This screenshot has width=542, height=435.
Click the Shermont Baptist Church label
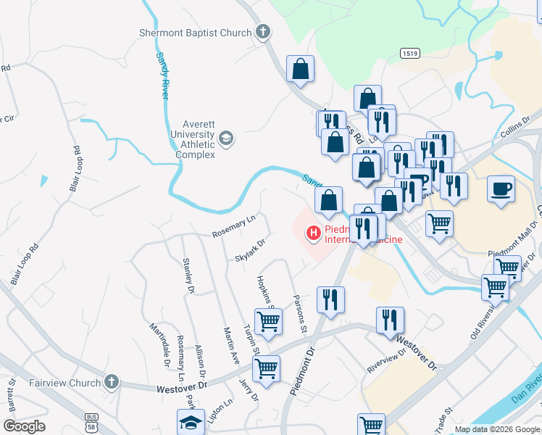pos(196,32)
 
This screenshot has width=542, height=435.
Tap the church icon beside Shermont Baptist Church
pos(262,32)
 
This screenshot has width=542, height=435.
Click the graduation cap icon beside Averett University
pos(226,138)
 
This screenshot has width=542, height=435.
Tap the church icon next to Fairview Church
pos(111,381)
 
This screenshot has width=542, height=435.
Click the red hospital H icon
pos(314,233)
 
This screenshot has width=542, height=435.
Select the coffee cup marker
pos(501,190)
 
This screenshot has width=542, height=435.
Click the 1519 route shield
pos(409,54)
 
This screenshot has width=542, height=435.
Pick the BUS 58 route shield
pos(91,423)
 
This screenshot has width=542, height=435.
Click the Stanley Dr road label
pos(189,275)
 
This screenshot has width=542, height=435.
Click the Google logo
pos(25,426)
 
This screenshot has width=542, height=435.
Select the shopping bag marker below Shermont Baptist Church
pos(300,70)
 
